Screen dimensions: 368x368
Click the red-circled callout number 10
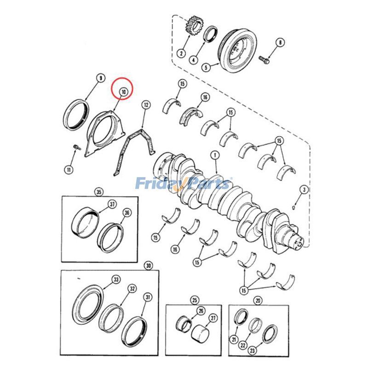click(123, 92)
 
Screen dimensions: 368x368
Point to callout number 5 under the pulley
click(207, 68)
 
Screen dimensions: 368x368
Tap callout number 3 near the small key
click(304, 189)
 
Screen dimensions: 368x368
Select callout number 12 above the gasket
click(145, 105)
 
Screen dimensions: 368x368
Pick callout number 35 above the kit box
click(98, 192)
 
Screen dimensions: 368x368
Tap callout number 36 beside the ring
click(127, 213)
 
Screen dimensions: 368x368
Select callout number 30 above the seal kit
click(148, 265)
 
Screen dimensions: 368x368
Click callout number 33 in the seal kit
click(116, 279)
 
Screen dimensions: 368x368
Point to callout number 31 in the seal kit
click(148, 297)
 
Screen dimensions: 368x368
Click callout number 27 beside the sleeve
click(213, 318)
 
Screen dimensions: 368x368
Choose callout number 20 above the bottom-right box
click(258, 300)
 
